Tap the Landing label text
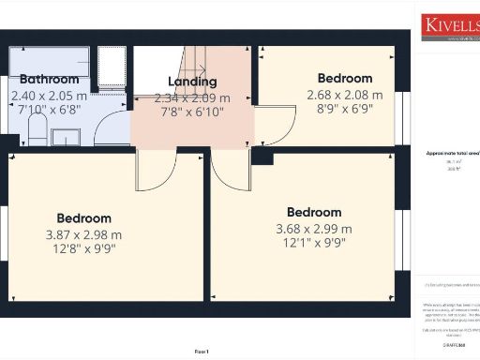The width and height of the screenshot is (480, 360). (191, 82)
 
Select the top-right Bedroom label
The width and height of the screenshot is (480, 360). (344, 79)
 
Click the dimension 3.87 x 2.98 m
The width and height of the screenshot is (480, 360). (83, 235)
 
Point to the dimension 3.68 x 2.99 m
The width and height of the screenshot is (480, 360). (313, 229)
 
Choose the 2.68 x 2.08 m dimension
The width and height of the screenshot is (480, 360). (344, 95)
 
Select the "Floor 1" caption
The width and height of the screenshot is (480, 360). (202, 351)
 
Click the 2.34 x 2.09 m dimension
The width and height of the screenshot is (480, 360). (191, 97)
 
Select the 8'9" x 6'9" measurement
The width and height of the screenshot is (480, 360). (344, 110)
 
